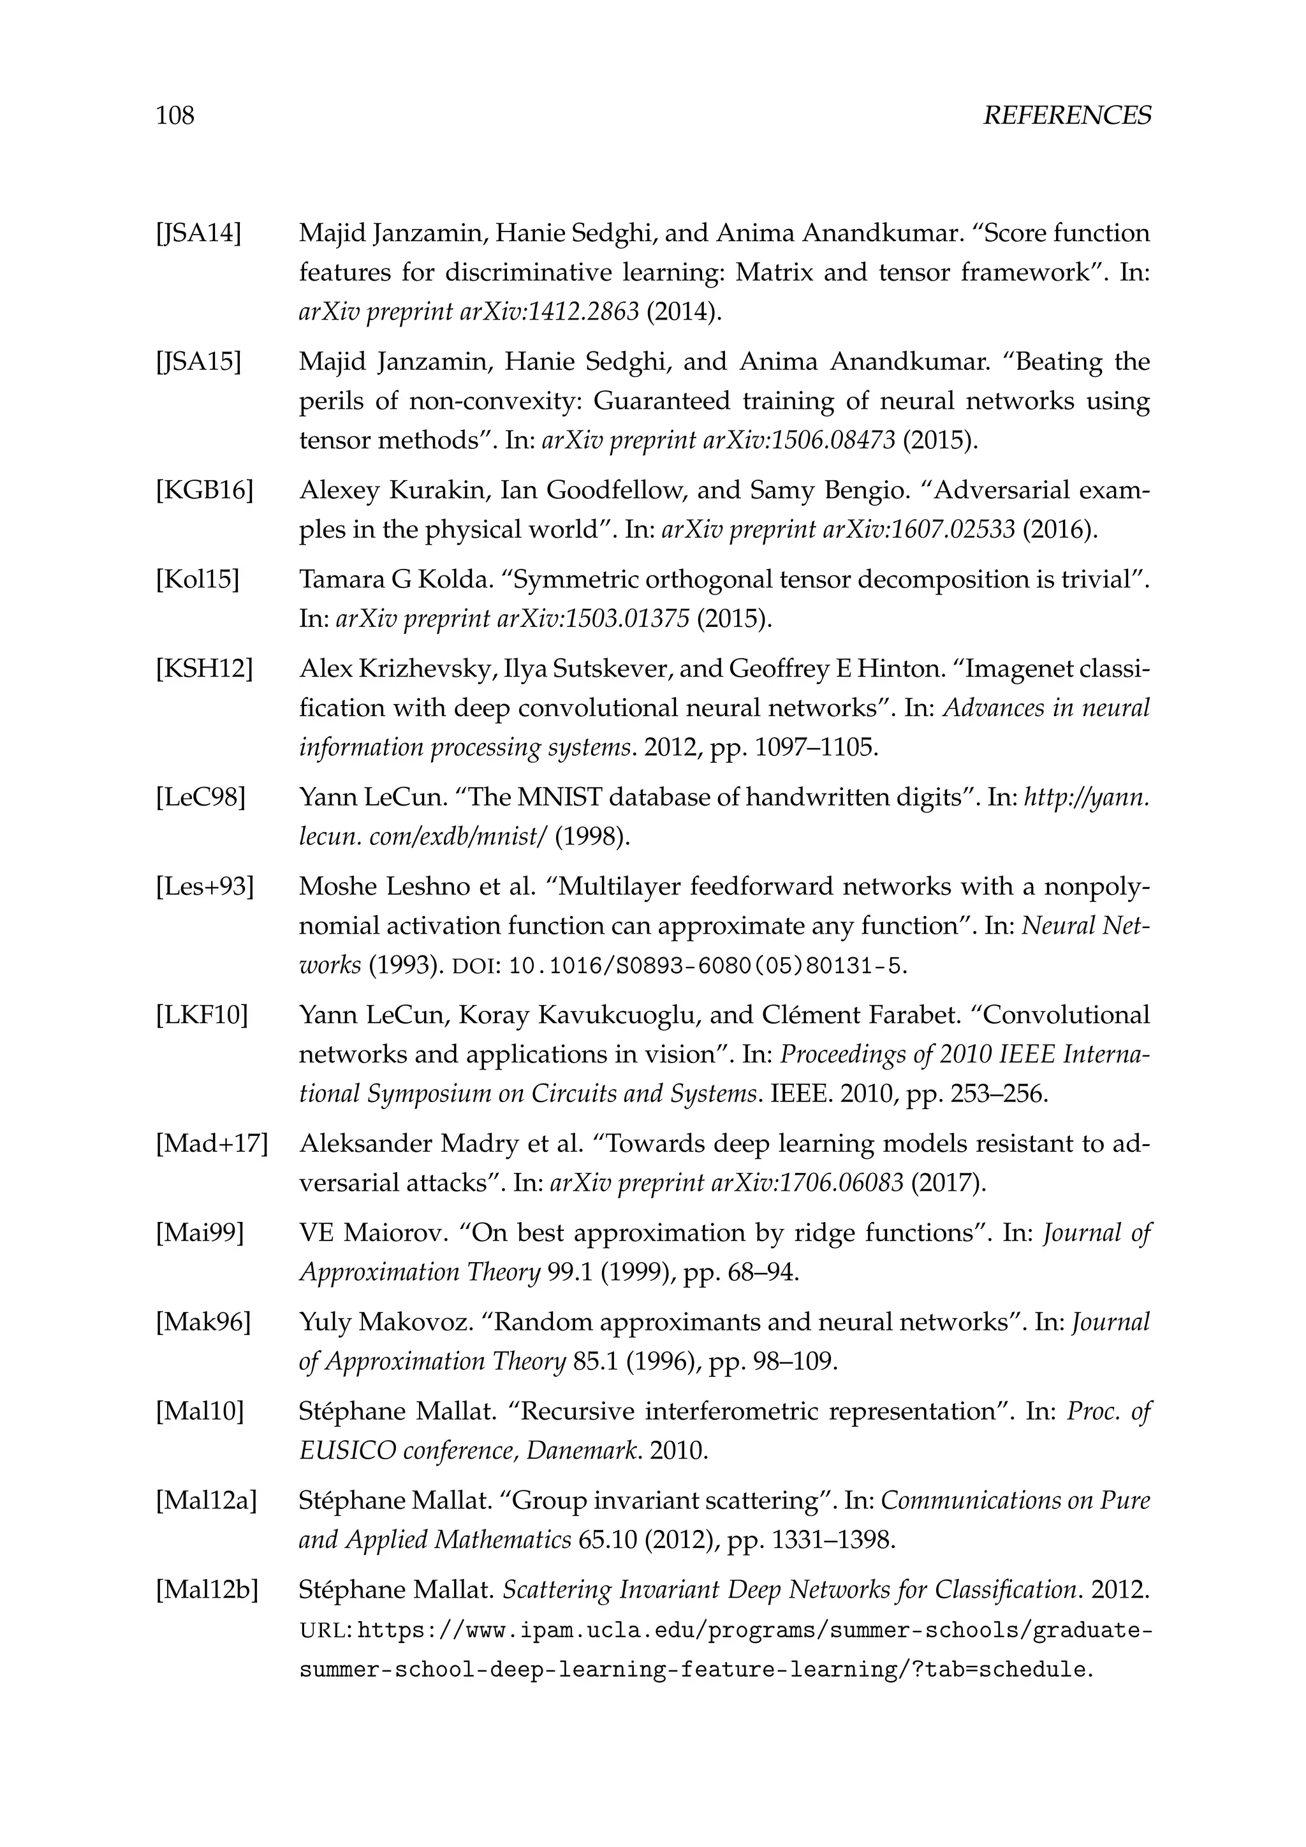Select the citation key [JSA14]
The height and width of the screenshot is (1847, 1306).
click(198, 233)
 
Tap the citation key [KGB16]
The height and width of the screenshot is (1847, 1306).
click(204, 490)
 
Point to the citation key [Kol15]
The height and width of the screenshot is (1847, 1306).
click(197, 579)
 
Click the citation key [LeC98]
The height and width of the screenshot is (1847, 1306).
click(200, 797)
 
